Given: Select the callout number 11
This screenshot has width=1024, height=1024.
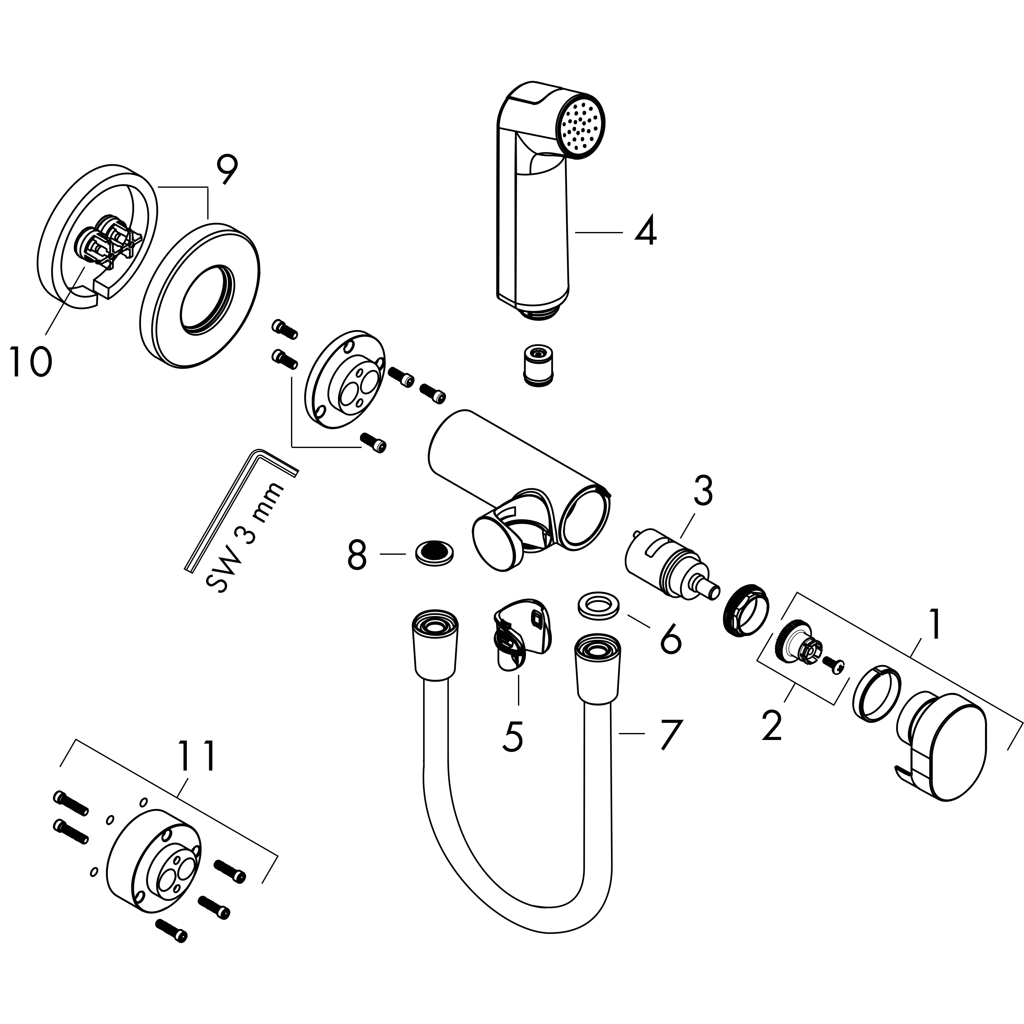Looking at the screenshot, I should point(197,756).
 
